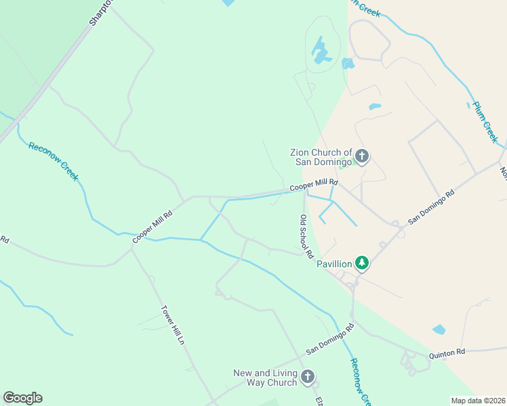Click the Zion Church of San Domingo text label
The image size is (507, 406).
[322, 157]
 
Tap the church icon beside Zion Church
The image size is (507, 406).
[362, 157]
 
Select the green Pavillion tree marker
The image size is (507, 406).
[362, 263]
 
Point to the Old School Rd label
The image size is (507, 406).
[306, 236]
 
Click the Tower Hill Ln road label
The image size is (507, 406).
[172, 325]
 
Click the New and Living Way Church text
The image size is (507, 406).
[265, 378]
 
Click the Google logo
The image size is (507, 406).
[22, 398]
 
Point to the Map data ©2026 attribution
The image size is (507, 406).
[478, 400]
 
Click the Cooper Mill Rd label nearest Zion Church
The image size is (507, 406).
[313, 184]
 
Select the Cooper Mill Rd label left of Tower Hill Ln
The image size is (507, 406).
[153, 225]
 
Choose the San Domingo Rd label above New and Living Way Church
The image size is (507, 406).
[330, 339]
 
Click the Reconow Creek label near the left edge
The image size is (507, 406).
[54, 161]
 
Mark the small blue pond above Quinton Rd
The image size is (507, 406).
[439, 330]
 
